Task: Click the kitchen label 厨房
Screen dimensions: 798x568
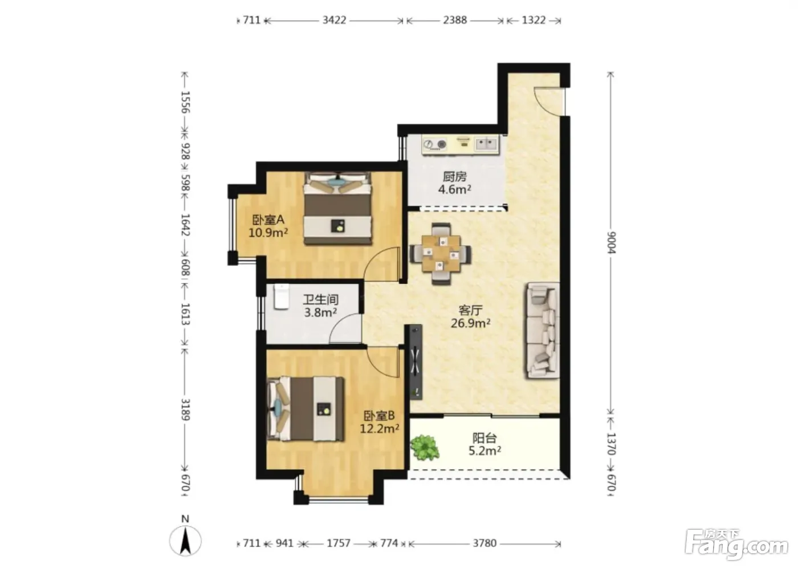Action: tap(455, 176)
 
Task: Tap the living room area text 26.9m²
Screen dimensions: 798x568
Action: tap(470, 323)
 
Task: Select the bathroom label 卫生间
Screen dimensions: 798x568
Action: tap(320, 299)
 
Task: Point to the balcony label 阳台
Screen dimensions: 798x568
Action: tap(484, 438)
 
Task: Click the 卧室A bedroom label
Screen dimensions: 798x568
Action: tap(268, 220)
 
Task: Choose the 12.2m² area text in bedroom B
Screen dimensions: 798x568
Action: tap(379, 428)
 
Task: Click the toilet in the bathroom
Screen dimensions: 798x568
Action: tap(282, 297)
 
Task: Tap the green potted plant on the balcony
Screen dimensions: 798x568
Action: tap(424, 447)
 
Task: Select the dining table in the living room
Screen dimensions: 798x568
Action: tap(441, 253)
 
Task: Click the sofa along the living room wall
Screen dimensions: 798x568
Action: tap(541, 330)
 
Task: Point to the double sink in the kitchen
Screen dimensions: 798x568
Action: tap(486, 144)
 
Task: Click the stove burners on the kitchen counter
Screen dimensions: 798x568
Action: tap(434, 144)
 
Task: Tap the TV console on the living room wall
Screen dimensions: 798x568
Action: tap(415, 362)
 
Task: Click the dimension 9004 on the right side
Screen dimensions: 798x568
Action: tap(611, 243)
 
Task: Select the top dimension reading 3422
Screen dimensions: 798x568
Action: tap(334, 20)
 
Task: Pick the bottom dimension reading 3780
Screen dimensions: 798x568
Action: tap(484, 543)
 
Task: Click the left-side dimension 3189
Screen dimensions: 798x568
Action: tap(185, 409)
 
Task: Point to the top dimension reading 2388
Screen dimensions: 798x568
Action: tap(455, 20)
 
